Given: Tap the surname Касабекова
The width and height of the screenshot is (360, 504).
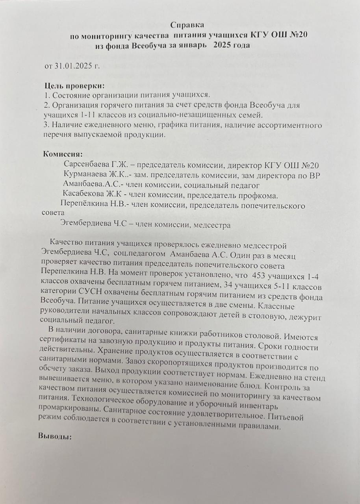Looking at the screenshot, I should coord(86,195).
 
